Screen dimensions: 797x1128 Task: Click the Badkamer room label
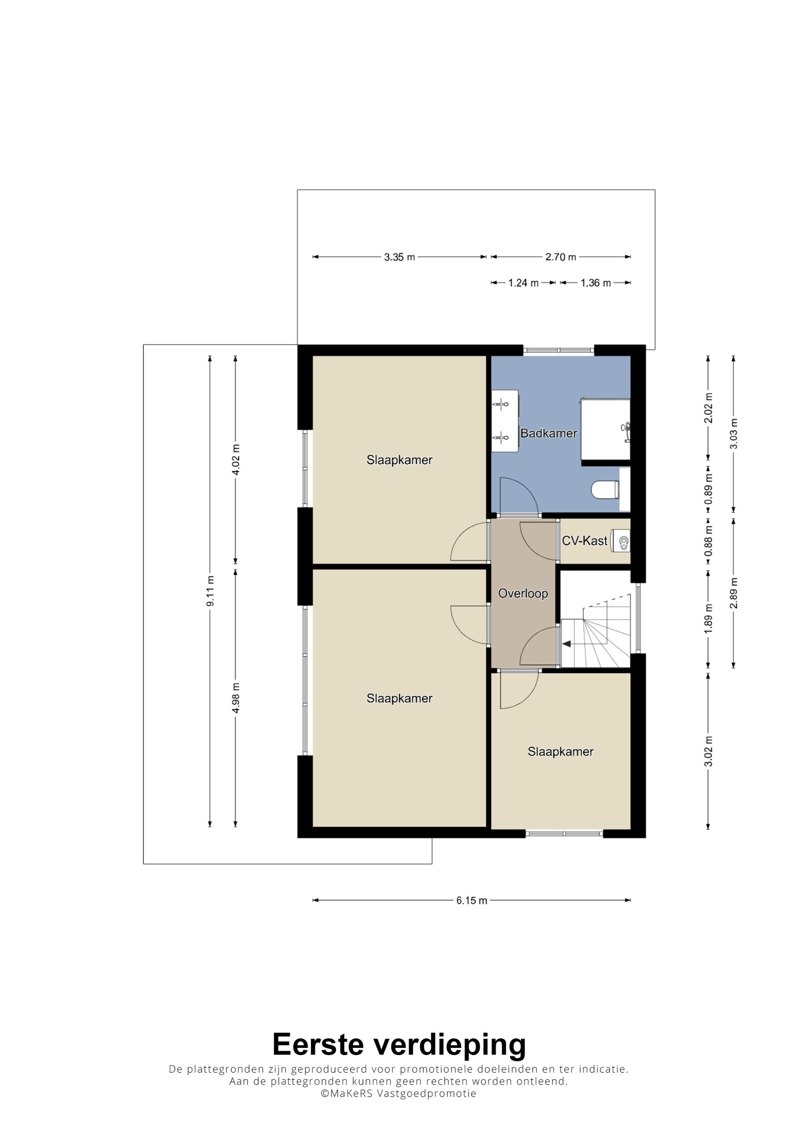tap(548, 433)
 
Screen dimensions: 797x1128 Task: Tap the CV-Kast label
tap(584, 541)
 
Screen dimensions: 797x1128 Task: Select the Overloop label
tap(523, 593)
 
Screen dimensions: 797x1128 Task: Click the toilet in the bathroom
tap(605, 490)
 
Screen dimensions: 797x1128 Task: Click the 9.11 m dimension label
tap(210, 591)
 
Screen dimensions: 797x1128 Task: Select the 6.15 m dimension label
tap(471, 900)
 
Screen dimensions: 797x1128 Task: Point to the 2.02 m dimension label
tap(708, 408)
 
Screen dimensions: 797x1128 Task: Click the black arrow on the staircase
tap(567, 644)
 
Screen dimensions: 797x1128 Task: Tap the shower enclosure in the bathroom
tap(605, 429)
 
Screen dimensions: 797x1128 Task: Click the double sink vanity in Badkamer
tap(505, 421)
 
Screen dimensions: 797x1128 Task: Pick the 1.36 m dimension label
tap(596, 283)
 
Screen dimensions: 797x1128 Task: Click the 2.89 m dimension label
tap(734, 593)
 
